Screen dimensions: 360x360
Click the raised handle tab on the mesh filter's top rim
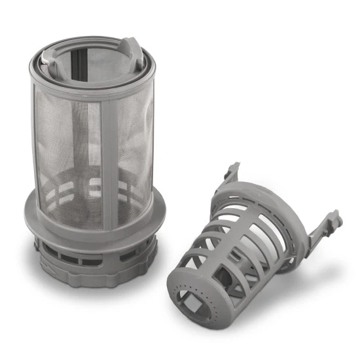point(130,50)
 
